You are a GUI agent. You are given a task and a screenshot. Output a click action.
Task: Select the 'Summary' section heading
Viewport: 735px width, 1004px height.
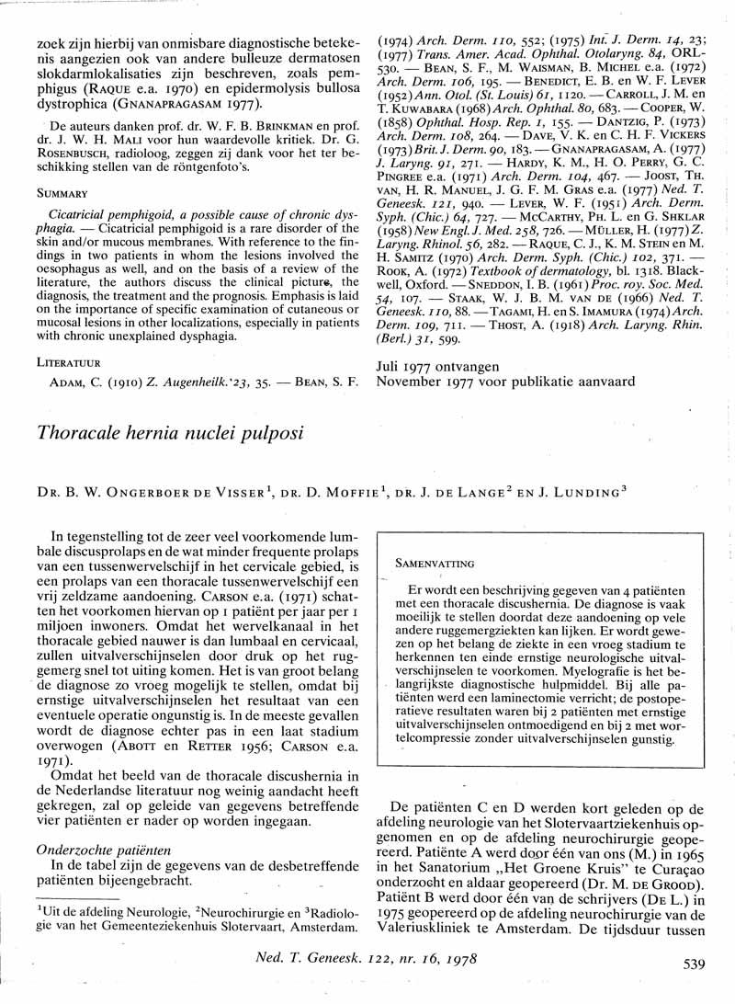pos(62,194)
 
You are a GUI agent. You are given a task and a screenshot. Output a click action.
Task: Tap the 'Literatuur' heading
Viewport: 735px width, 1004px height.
pos(68,361)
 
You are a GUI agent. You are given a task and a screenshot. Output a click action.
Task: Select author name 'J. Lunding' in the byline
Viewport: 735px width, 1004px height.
pos(574,491)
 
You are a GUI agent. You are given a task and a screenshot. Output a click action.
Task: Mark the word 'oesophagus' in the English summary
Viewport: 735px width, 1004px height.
pos(84,277)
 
